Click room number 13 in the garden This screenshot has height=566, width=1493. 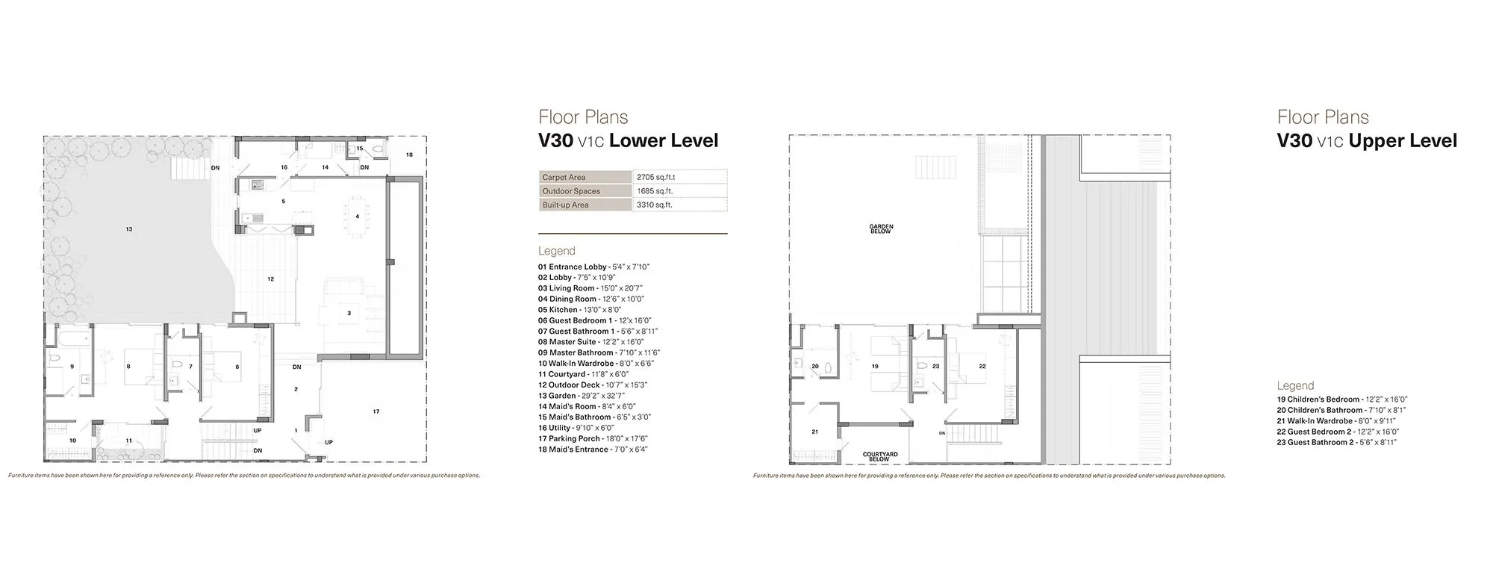[x=129, y=229]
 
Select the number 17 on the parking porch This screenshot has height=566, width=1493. [x=376, y=411]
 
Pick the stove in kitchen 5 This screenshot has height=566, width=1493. [x=258, y=183]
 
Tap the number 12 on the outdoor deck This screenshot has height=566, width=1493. [x=270, y=279]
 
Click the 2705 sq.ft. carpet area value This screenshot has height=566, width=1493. [x=655, y=178]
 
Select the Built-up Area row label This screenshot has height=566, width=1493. [x=565, y=205]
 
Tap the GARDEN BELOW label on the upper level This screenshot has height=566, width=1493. [x=881, y=228]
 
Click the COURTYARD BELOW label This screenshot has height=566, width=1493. [x=880, y=455]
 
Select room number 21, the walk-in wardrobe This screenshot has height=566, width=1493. [x=814, y=432]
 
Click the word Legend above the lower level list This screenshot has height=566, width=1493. [x=556, y=251]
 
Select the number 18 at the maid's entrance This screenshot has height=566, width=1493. [x=408, y=155]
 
